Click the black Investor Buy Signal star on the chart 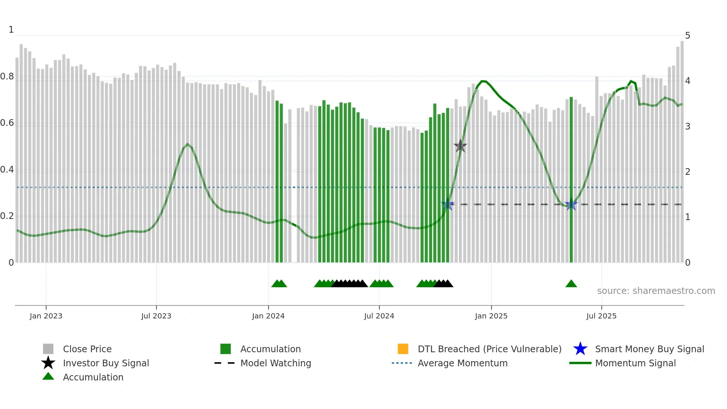click(x=460, y=146)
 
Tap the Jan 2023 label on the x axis click(x=46, y=316)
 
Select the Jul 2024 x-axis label click(x=379, y=316)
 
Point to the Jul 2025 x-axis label click(x=601, y=316)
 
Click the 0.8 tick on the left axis click(x=7, y=76)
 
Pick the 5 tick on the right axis click(x=688, y=36)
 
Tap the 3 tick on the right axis click(x=688, y=127)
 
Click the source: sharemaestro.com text click(x=656, y=291)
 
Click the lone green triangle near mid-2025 click(x=571, y=284)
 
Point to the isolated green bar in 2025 click(x=571, y=178)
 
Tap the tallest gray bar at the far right click(x=682, y=148)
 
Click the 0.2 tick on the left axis click(x=7, y=216)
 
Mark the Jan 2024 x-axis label click(x=268, y=316)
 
